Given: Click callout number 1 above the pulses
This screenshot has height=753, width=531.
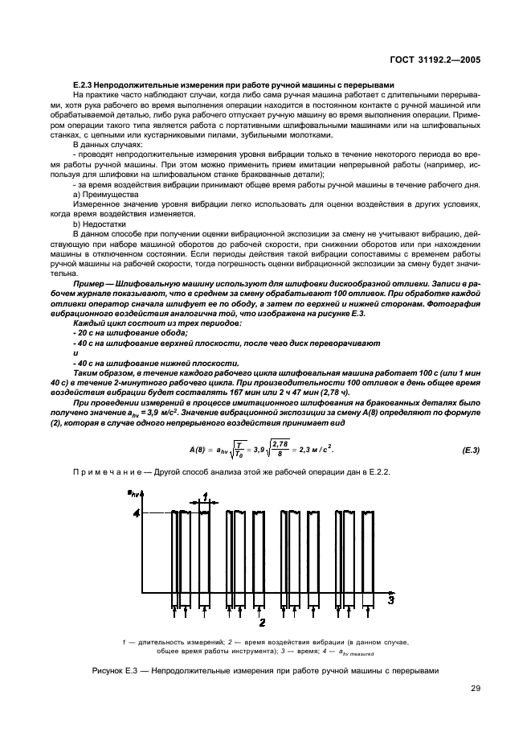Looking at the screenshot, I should click(x=206, y=496).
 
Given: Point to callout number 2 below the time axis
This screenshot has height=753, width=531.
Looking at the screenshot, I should click(x=262, y=622).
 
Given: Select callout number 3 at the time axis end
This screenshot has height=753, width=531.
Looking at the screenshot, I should click(x=391, y=599).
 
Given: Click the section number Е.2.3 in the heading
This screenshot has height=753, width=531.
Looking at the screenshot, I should click(x=84, y=88).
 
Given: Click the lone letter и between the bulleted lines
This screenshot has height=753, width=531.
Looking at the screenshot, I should click(x=74, y=352).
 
